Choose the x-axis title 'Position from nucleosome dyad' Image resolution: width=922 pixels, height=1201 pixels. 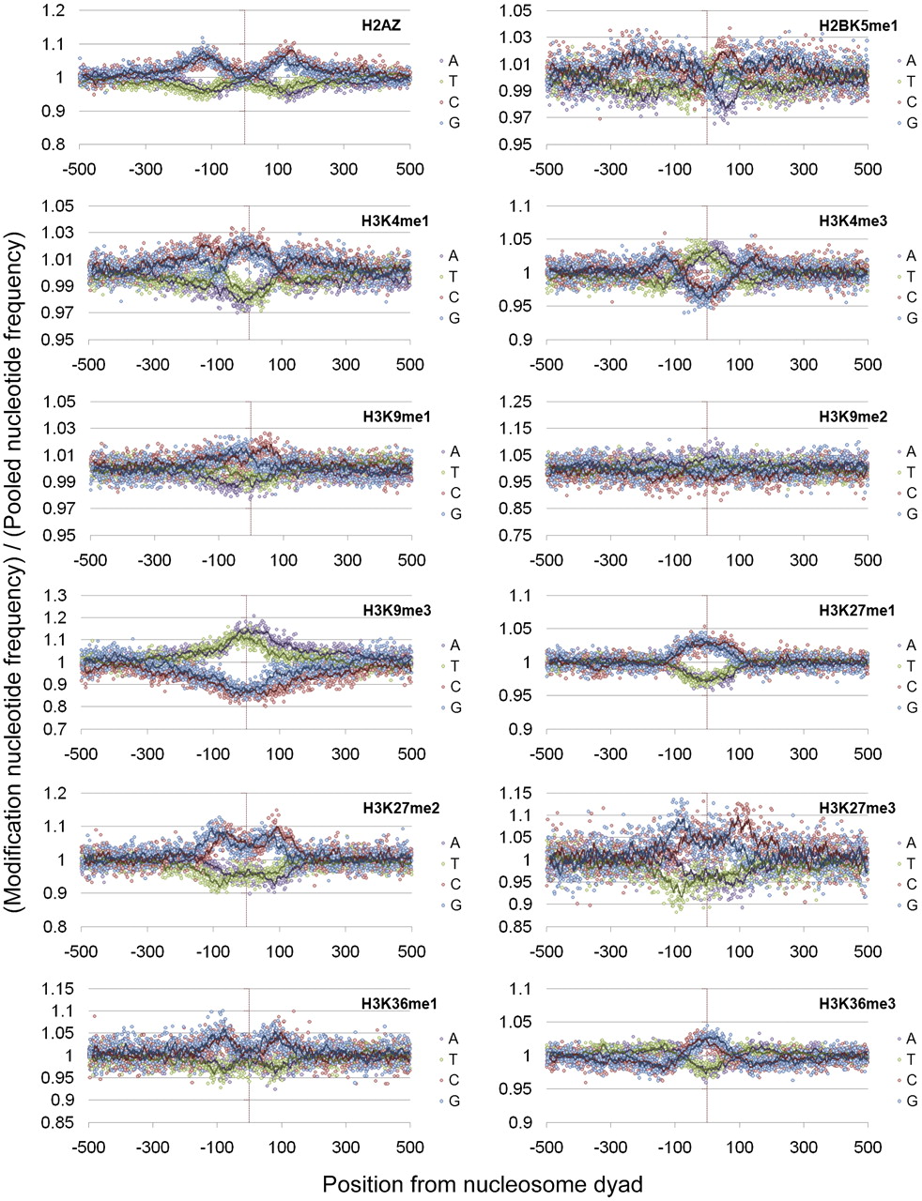click(x=483, y=1184)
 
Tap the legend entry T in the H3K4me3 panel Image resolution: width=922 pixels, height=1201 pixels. click(x=907, y=277)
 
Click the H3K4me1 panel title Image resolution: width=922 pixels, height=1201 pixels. click(x=385, y=222)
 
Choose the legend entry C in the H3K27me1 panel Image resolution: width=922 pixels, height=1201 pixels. click(x=907, y=687)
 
